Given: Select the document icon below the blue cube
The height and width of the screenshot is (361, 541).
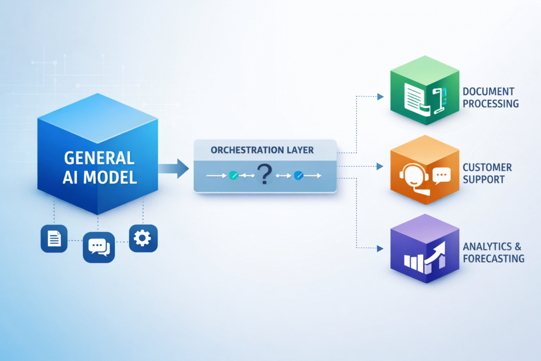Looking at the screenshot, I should (54, 238).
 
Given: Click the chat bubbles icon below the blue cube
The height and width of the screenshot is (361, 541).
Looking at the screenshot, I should (99, 247).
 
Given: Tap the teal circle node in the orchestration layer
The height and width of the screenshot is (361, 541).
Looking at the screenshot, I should (233, 175).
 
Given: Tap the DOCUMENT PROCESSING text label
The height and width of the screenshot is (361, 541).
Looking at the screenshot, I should (490, 98).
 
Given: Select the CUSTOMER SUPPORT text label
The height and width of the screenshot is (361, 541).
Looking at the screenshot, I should (487, 173).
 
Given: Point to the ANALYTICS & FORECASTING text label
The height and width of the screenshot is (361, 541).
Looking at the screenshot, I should (493, 252).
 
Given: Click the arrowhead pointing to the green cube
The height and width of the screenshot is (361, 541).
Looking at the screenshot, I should (380, 97).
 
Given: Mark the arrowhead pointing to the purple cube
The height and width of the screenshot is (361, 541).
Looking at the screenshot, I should (380, 247).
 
